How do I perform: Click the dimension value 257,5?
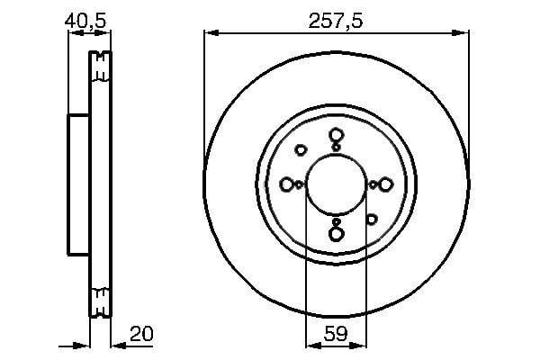336,22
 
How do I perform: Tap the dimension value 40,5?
85,22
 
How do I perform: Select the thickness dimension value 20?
141,334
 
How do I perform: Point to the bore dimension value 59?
336,334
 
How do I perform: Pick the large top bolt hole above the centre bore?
336,135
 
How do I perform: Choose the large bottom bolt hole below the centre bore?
336,234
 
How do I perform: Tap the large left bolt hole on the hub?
286,184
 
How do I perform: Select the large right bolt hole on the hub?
385,184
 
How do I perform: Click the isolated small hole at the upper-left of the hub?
301,150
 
